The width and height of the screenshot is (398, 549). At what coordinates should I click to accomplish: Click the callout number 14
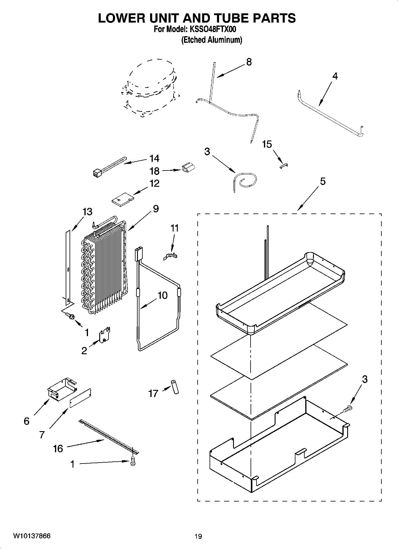(154, 158)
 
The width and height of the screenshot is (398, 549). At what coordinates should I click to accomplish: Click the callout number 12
(154, 183)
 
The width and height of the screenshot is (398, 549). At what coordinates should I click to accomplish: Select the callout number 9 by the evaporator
(156, 208)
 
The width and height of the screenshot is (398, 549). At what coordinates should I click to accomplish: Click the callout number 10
(162, 295)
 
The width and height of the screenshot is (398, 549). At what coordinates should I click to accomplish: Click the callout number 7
(42, 435)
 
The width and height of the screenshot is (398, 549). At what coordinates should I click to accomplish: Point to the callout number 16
(58, 448)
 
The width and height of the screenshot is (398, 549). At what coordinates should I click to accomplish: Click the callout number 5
(323, 181)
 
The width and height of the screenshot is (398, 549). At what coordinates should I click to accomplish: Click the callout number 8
(249, 62)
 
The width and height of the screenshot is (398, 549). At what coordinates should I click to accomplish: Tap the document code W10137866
(32, 536)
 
